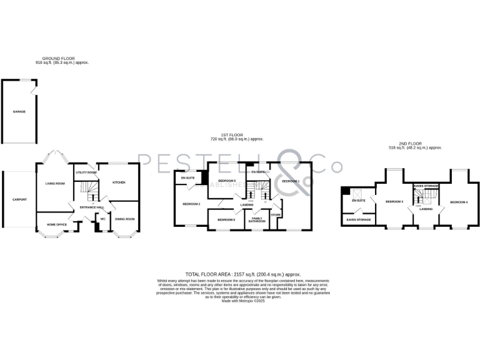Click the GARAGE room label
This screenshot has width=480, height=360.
19,111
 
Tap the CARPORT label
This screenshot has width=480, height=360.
19,200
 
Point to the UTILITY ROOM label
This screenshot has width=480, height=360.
86,172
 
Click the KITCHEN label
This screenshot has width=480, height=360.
119,182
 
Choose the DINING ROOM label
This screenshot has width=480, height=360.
124,219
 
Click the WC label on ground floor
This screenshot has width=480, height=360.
102,219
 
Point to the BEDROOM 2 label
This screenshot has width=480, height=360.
191,204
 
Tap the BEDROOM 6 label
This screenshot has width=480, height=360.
226,219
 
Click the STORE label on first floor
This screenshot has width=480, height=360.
276,215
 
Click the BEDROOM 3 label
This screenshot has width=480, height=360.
394,202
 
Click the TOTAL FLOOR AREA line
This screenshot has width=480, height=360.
243,274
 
